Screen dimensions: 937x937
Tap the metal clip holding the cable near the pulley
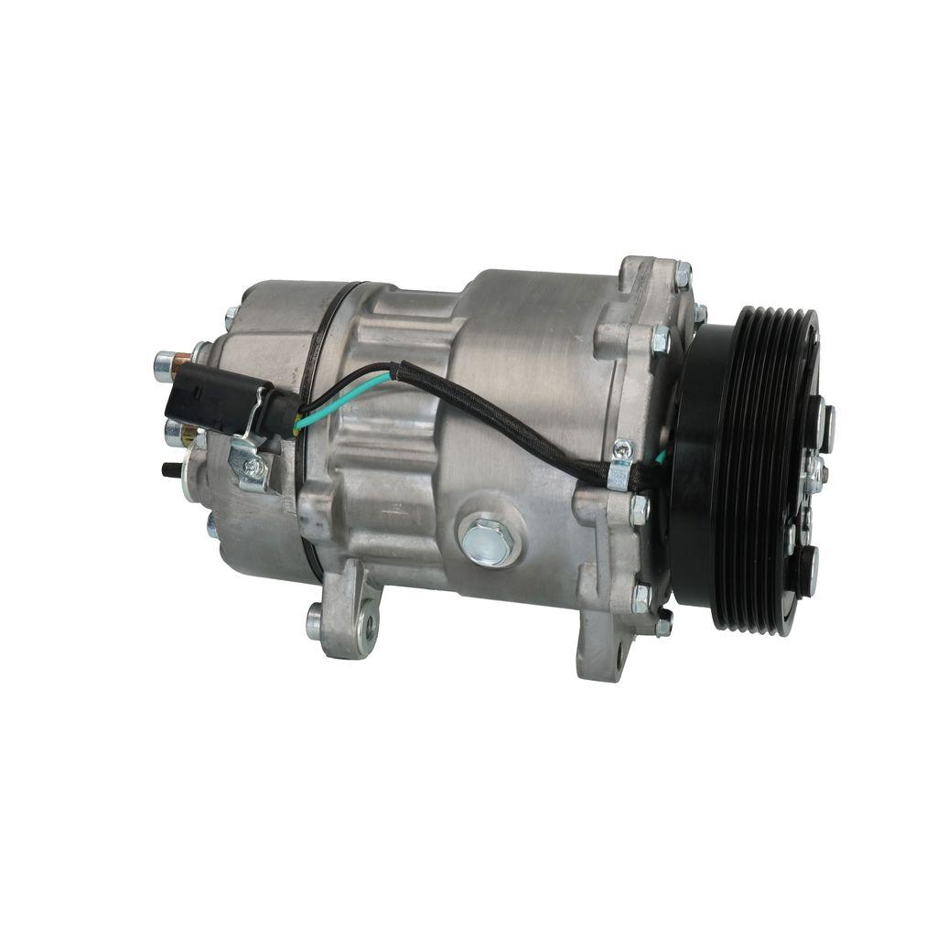621,464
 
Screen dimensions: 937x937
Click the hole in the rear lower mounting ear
370,627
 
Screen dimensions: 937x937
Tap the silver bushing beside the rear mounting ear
315,622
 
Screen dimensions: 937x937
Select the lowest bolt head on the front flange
662,626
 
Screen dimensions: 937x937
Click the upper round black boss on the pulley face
826,427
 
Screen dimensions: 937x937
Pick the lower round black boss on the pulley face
810,569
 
